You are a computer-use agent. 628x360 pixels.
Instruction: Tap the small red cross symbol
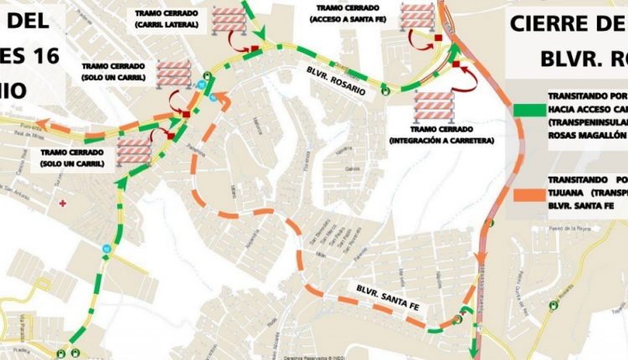(64, 203)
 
